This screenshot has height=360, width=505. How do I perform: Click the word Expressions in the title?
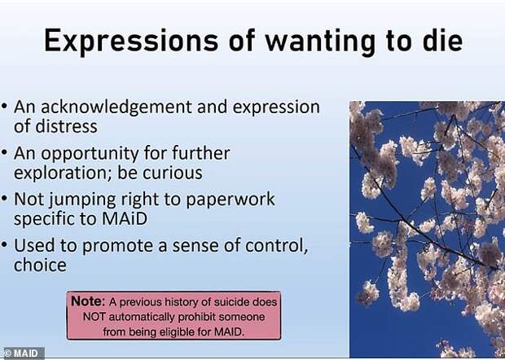(x=131, y=41)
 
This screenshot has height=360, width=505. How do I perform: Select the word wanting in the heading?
(x=320, y=42)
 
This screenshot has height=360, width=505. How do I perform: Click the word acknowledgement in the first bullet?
(x=116, y=108)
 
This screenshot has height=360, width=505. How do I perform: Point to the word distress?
(x=66, y=126)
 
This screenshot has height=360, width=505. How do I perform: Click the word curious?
(x=173, y=173)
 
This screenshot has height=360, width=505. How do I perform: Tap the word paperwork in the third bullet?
(x=231, y=200)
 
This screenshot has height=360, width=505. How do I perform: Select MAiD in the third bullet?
(x=125, y=218)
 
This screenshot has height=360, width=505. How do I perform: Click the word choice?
(x=40, y=265)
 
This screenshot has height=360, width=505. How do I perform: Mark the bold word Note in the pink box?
(x=88, y=301)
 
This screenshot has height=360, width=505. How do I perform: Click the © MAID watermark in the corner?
(x=22, y=353)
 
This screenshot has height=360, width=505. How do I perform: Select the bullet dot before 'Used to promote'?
(x=4, y=244)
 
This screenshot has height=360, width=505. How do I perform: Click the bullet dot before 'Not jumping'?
(x=4, y=199)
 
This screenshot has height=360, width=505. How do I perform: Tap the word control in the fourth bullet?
(x=276, y=246)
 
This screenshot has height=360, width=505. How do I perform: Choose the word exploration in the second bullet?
(x=62, y=173)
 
